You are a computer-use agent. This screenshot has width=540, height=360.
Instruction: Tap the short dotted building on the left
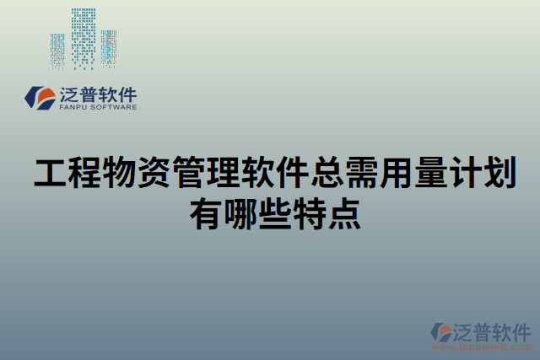tap(57, 51)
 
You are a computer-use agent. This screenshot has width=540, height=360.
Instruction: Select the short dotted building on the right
tap(109, 49)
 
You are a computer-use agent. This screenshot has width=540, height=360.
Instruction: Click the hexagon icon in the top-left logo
tap(37, 97)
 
